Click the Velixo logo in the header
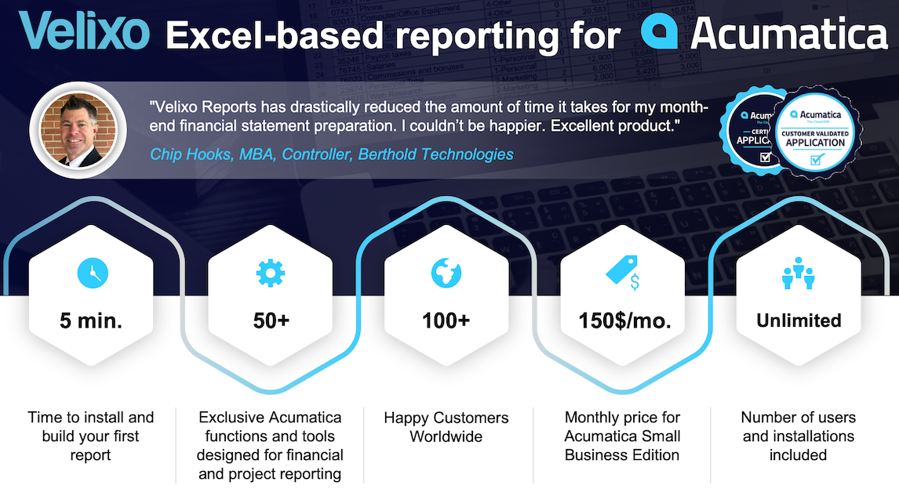(x=84, y=31)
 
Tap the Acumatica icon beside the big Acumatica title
(x=659, y=31)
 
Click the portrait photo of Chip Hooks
(x=78, y=130)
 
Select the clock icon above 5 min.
(x=93, y=273)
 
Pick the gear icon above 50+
(x=271, y=273)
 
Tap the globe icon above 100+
(x=446, y=273)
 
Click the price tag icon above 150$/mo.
(x=623, y=272)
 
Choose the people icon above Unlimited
(x=798, y=273)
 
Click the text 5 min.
(x=91, y=320)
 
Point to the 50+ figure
(x=271, y=320)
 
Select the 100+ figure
(x=446, y=320)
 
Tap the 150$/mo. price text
(x=625, y=320)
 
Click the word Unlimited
(x=799, y=320)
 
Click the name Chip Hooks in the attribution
(x=191, y=154)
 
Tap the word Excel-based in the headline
(x=274, y=35)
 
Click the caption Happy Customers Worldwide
(x=446, y=427)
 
